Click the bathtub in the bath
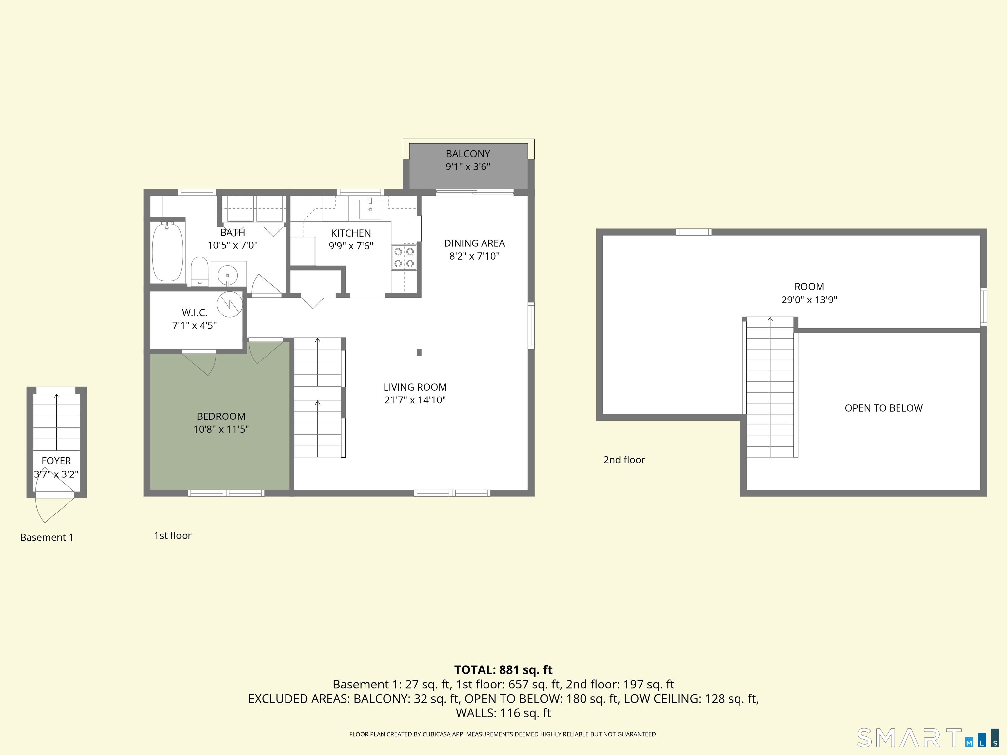(x=168, y=252)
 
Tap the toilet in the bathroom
(x=199, y=271)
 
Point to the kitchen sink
(x=370, y=209)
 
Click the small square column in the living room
(x=419, y=352)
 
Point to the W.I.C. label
(x=194, y=313)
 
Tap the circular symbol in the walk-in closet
(x=229, y=303)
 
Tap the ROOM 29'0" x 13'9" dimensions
(x=809, y=300)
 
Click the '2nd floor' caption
(x=624, y=460)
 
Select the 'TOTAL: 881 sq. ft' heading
(x=503, y=669)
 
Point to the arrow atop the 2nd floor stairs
(x=770, y=319)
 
